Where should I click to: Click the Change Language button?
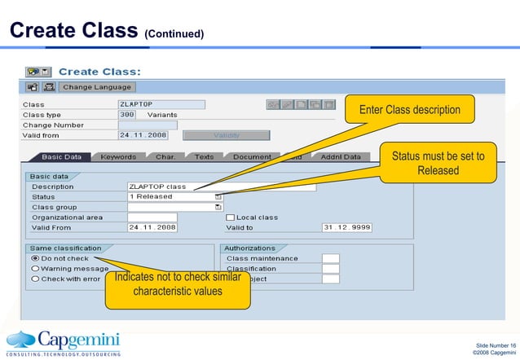tap(97, 86)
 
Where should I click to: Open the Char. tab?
tap(165, 156)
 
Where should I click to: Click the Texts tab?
tap(205, 156)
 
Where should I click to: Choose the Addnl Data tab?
tap(340, 156)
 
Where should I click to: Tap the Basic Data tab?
tap(61, 156)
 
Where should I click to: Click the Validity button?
tap(226, 135)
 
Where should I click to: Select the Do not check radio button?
tap(35, 258)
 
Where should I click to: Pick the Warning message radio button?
tap(35, 268)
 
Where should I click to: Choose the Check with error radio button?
tap(35, 279)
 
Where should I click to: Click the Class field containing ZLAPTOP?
tap(161, 104)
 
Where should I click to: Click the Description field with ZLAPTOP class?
tap(220, 187)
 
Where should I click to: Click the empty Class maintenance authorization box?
tap(330, 258)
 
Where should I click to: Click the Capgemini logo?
tap(64, 341)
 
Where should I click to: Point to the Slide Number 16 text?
tap(494, 345)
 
